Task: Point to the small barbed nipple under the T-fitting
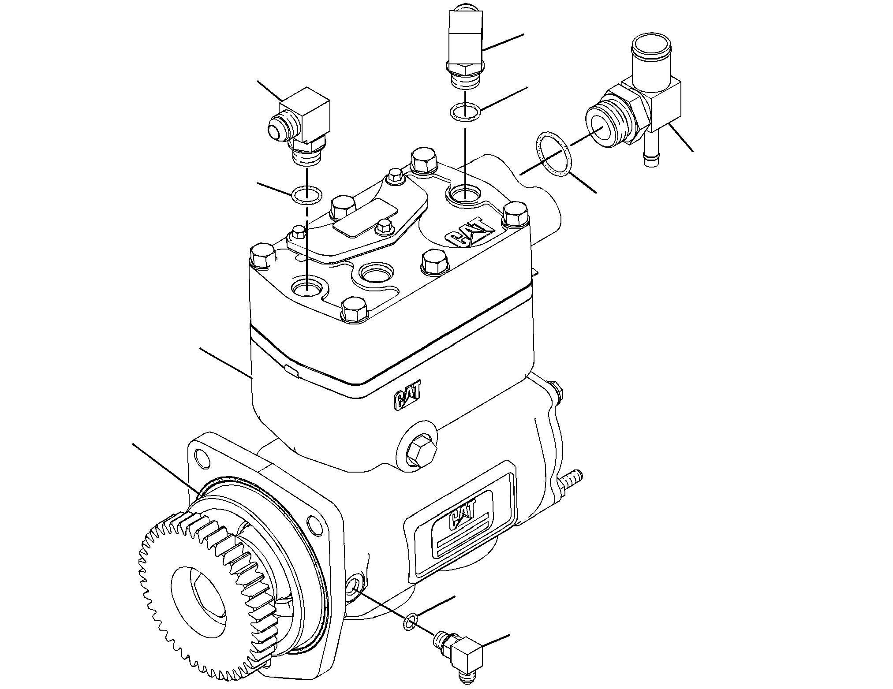click(651, 150)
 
